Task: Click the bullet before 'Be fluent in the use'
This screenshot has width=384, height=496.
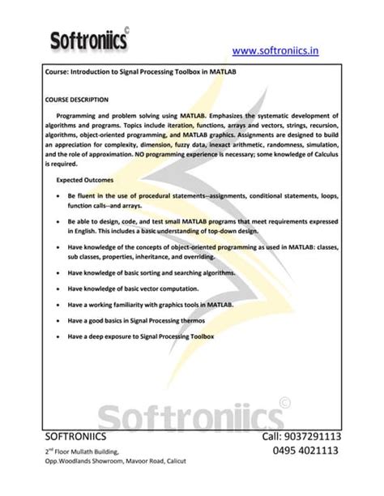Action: point(56,197)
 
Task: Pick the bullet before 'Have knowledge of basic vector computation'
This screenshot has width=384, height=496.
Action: point(56,289)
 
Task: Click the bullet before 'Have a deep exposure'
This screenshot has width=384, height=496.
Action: point(56,336)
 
